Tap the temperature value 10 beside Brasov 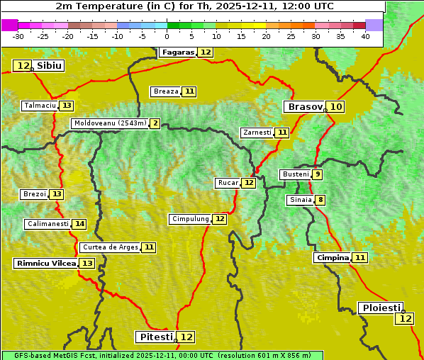(x=336, y=107)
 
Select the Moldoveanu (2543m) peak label (x=110, y=123)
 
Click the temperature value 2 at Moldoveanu (x=155, y=123)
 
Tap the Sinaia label (x=301, y=200)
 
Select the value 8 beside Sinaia (x=320, y=200)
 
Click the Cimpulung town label (x=190, y=219)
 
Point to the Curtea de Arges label (x=109, y=247)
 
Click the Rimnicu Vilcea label (x=45, y=263)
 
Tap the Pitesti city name (x=155, y=337)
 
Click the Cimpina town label (x=333, y=258)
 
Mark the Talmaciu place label (x=40, y=106)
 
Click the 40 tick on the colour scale (x=365, y=36)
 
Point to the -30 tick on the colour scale (x=18, y=36)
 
